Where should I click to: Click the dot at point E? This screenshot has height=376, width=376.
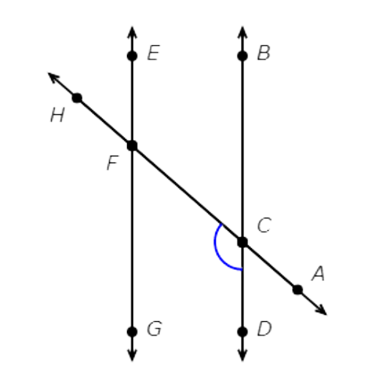pyautogui.click(x=132, y=56)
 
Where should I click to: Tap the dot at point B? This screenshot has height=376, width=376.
pyautogui.click(x=242, y=56)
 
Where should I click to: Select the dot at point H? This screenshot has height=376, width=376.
pyautogui.click(x=77, y=98)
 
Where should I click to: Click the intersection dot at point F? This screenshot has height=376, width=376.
pyautogui.click(x=132, y=146)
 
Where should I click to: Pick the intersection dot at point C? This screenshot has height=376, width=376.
pyautogui.click(x=242, y=242)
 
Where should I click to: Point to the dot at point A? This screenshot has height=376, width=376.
pyautogui.click(x=298, y=290)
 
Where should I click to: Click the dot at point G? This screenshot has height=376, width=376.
pyautogui.click(x=132, y=332)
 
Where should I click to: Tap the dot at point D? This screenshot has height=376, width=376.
pyautogui.click(x=242, y=332)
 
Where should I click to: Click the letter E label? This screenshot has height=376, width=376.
pyautogui.click(x=153, y=53)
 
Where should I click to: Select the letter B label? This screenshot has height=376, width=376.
pyautogui.click(x=264, y=53)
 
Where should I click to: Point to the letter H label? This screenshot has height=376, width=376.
pyautogui.click(x=57, y=115)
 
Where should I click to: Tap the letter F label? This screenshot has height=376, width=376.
pyautogui.click(x=112, y=163)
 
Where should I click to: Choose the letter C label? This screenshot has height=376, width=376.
pyautogui.click(x=264, y=225)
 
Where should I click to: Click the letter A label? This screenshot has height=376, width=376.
pyautogui.click(x=318, y=273)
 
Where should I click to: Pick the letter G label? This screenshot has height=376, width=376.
pyautogui.click(x=154, y=329)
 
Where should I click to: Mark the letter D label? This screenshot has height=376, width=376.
pyautogui.click(x=265, y=329)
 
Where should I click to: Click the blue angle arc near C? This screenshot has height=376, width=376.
pyautogui.click(x=216, y=248)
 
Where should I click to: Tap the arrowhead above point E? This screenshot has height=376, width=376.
pyautogui.click(x=132, y=32)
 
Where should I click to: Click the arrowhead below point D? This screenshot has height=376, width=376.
pyautogui.click(x=242, y=355)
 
